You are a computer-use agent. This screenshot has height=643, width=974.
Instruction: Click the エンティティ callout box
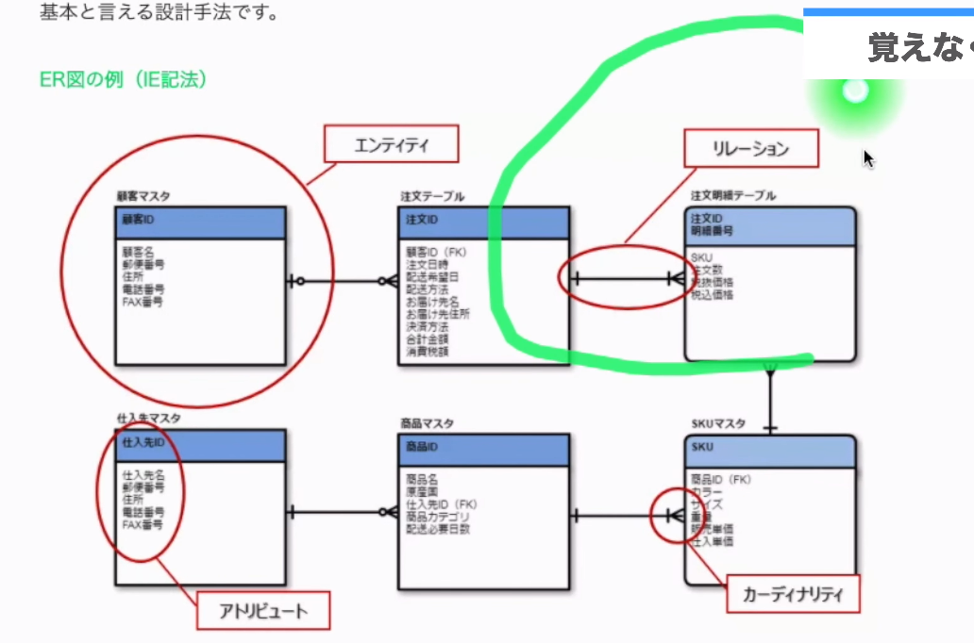pos(391,145)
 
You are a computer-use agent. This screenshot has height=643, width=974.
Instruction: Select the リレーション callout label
pos(750,148)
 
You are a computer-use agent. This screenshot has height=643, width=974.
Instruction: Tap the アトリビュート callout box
pos(263,610)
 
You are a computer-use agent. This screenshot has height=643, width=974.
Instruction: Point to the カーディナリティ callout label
pos(793,595)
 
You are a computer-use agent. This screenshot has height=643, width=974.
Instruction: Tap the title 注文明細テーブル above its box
pos(733,195)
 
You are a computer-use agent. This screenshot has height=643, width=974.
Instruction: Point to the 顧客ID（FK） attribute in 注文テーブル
pos(436,253)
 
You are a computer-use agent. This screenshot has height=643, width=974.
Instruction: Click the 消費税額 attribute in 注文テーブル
pos(428,352)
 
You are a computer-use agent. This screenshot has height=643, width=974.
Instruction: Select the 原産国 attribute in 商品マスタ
pos(422,491)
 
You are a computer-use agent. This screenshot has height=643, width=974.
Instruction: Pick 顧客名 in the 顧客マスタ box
pos(138,253)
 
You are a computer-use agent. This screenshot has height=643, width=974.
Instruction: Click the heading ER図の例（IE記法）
pos(123,79)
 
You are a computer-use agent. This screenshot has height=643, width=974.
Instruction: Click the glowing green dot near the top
pos(855,91)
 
